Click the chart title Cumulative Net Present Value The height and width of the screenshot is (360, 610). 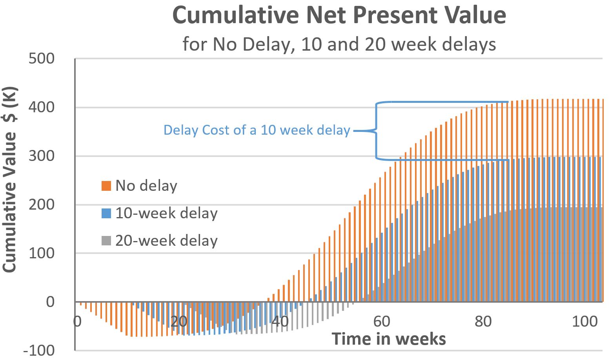(x=339, y=15)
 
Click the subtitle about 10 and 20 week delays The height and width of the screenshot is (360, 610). (x=339, y=44)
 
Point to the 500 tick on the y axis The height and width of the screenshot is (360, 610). (x=42, y=59)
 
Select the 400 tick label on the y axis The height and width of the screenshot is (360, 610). (x=42, y=107)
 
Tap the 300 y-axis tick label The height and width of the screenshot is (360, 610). (x=42, y=156)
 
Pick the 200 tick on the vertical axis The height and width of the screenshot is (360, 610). (x=42, y=205)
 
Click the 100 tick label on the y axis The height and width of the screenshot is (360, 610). (x=42, y=253)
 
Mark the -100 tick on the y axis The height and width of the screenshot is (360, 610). (x=39, y=350)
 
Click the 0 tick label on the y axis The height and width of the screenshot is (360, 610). (x=50, y=302)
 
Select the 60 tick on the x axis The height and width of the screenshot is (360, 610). (x=382, y=322)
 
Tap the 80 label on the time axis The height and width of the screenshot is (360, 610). (x=483, y=322)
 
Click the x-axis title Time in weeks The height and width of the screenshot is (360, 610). (x=389, y=339)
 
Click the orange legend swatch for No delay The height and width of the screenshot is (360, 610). (x=106, y=186)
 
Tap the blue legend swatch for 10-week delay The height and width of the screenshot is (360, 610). (x=106, y=213)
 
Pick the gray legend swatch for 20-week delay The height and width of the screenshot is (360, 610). (x=106, y=241)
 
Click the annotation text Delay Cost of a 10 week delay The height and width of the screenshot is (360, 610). (x=257, y=130)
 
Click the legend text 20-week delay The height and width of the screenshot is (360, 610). (x=166, y=241)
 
